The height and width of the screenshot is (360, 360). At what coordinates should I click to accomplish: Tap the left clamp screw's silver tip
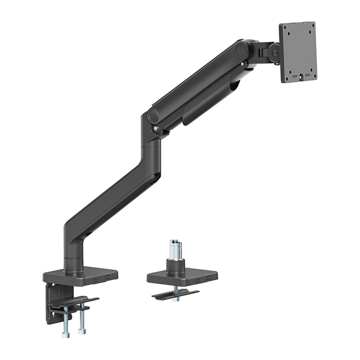(x=65, y=334)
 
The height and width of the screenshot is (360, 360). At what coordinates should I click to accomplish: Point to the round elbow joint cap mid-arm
(x=153, y=116)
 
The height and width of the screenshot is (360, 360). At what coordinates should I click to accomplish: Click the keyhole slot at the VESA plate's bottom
(x=301, y=76)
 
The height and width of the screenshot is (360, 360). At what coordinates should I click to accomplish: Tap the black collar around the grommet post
(x=175, y=265)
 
